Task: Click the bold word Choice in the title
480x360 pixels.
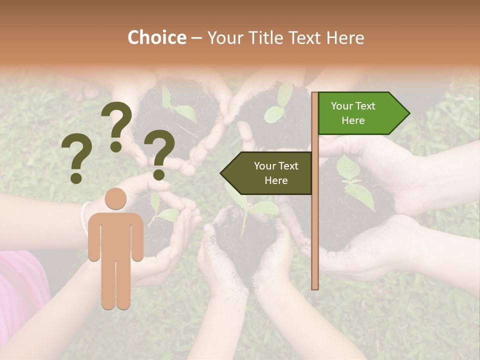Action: click(156, 38)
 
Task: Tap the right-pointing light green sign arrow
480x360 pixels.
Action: click(363, 113)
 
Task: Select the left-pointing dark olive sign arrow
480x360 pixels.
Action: click(266, 173)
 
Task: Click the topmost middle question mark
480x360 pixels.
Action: click(116, 125)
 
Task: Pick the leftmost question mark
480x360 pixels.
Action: click(76, 159)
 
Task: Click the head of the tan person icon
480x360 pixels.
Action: click(115, 199)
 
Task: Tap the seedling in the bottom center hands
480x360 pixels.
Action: click(250, 210)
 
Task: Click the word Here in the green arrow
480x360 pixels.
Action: click(353, 120)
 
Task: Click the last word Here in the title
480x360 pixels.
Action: click(345, 38)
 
